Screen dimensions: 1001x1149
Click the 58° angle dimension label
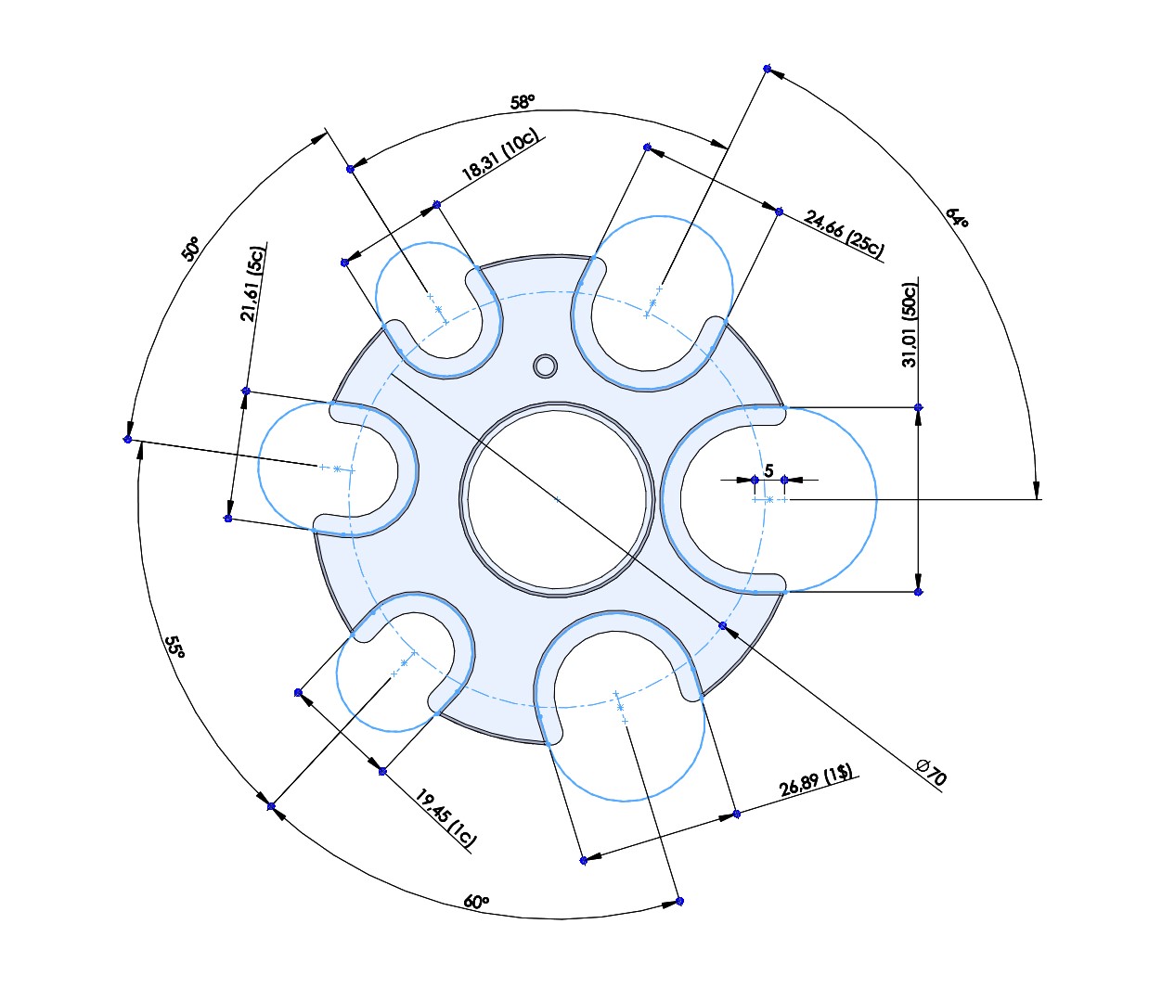tap(523, 102)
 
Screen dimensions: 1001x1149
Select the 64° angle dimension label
tap(957, 218)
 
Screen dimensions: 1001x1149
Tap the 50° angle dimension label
tap(190, 249)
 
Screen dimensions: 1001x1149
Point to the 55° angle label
tap(174, 647)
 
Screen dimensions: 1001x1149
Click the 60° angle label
tap(475, 902)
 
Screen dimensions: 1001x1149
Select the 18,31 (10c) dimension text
tap(499, 155)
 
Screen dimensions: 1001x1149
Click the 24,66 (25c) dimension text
tap(845, 234)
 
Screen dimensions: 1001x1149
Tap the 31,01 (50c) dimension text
tap(910, 325)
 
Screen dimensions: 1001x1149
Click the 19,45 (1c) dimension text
tap(445, 817)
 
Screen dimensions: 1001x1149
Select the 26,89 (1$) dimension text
tap(816, 781)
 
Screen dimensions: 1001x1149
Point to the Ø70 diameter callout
tap(931, 772)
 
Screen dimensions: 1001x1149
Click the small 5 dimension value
tap(768, 471)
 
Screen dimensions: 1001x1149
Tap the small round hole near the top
tap(546, 366)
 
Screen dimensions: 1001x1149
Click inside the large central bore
tap(557, 499)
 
